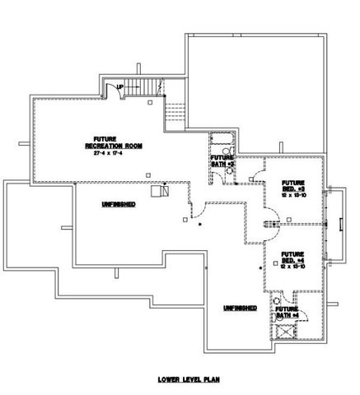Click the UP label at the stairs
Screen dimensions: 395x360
pos(120,86)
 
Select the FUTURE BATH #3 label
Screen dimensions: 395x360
pos(222,160)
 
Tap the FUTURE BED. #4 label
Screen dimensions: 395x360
pos(294,258)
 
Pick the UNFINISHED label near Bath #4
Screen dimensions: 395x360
pos(239,307)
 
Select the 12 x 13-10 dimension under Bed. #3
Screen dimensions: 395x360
pos(294,196)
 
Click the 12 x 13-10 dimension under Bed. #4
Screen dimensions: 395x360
pos(294,267)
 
